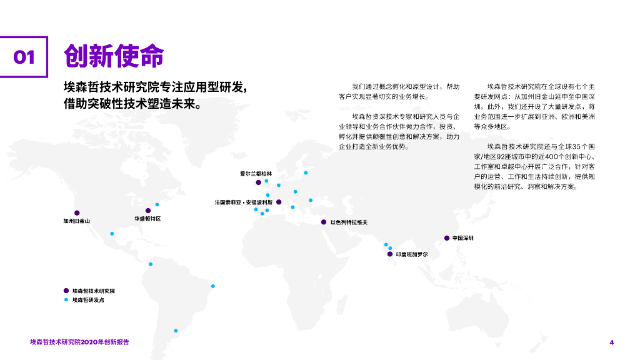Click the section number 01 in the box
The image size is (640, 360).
click(x=24, y=57)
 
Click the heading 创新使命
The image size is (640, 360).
click(x=113, y=56)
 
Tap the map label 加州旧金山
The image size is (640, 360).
click(x=76, y=221)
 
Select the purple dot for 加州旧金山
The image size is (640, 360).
click(x=77, y=212)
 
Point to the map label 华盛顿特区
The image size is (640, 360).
click(x=147, y=219)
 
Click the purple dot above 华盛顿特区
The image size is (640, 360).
click(x=148, y=211)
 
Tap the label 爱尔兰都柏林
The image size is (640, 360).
click(x=256, y=174)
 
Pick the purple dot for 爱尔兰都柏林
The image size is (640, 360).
click(x=258, y=182)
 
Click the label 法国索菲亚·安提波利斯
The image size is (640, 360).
click(x=243, y=202)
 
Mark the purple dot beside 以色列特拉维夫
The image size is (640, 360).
click(x=323, y=222)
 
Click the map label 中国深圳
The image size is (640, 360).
click(x=463, y=238)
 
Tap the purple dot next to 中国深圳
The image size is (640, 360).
click(x=446, y=238)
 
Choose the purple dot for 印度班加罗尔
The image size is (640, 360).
click(x=389, y=254)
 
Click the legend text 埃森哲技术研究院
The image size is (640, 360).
click(x=93, y=291)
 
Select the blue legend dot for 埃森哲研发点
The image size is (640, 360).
click(x=66, y=300)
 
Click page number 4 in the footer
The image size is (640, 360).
click(x=612, y=342)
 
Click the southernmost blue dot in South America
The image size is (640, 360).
click(x=176, y=331)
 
